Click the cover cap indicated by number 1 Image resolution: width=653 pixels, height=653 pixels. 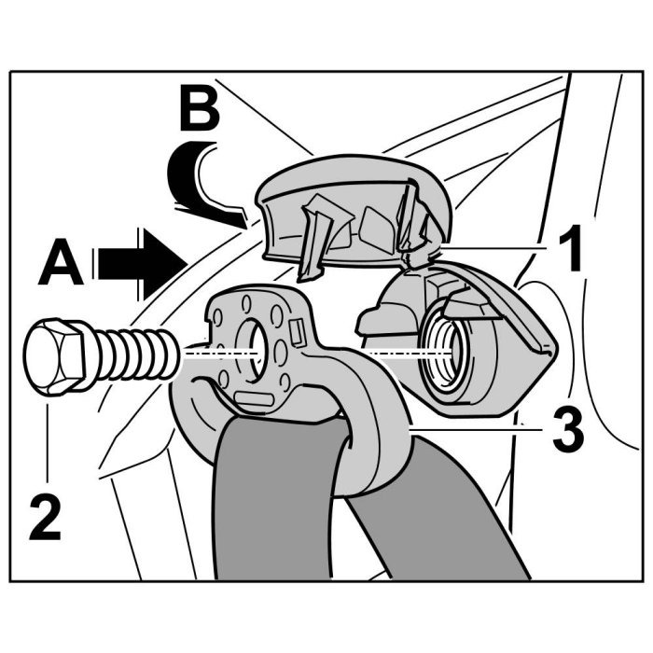pyautogui.click(x=354, y=205)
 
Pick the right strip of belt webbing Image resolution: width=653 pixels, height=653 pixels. pyautogui.click(x=438, y=522)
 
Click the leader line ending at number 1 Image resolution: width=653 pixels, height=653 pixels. pyautogui.click(x=494, y=246)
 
